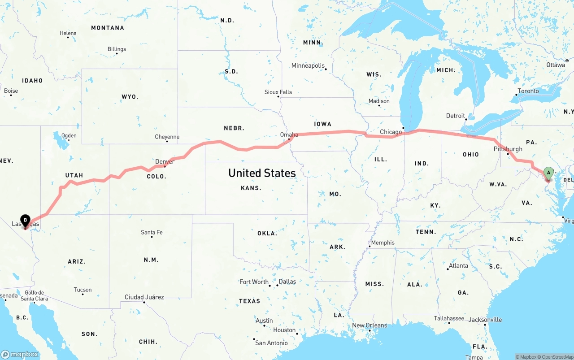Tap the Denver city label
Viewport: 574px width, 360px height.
pos(165,161)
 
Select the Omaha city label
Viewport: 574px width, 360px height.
pos(289,134)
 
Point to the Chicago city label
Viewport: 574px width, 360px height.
pos(391,132)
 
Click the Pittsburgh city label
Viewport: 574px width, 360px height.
pos(508,149)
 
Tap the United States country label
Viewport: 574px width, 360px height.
pos(262,173)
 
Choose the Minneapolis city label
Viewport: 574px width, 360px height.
pos(308,65)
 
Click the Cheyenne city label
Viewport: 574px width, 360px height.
pos(167,137)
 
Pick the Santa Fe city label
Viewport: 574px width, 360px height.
pos(152,232)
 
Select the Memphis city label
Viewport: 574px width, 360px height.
pos(383,243)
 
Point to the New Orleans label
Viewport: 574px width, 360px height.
pos(369,325)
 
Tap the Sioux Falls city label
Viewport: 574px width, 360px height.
pos(278,92)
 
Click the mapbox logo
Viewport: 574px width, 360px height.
pos(20,354)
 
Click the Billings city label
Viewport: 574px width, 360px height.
pos(117,49)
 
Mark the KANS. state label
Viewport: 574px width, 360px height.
pos(251,188)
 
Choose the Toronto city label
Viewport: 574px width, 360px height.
pos(528,91)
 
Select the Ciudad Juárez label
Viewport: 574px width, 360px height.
pos(144,297)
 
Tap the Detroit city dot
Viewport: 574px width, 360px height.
pos(466,120)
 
